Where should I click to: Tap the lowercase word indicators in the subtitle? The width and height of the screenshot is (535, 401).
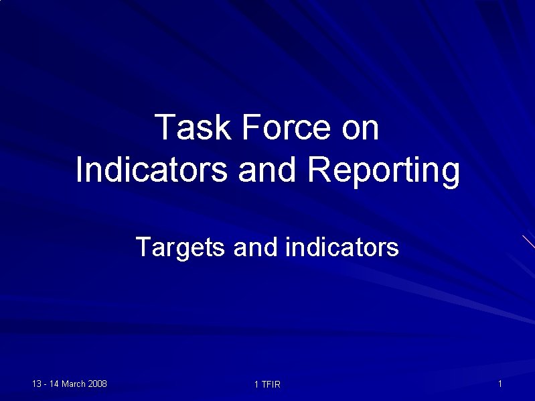pyautogui.click(x=342, y=247)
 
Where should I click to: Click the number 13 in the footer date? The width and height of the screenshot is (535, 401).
pyautogui.click(x=37, y=384)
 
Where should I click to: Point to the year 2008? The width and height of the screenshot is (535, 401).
pyautogui.click(x=98, y=384)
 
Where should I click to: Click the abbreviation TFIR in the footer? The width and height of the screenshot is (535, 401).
pyautogui.click(x=271, y=384)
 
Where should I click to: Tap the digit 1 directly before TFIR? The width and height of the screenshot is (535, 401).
pyautogui.click(x=256, y=384)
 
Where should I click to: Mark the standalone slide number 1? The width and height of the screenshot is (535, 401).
pyautogui.click(x=500, y=384)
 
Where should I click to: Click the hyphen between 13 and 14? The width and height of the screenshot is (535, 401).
pyautogui.click(x=46, y=384)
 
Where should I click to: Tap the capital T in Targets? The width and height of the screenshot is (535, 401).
pyautogui.click(x=143, y=247)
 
